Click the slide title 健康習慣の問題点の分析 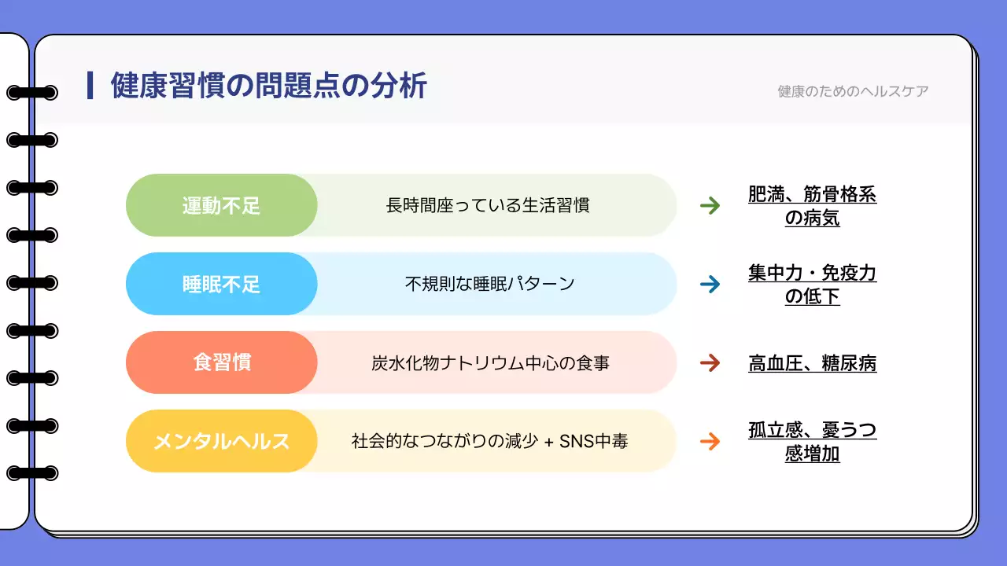pyautogui.click(x=268, y=86)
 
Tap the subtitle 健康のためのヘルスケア pyautogui.click(x=853, y=91)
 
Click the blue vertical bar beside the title pyautogui.click(x=90, y=86)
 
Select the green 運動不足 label pyautogui.click(x=222, y=206)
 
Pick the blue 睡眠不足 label pyautogui.click(x=222, y=285)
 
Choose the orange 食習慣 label pyautogui.click(x=222, y=363)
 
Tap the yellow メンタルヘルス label pyautogui.click(x=222, y=442)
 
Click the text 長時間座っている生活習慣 pyautogui.click(x=488, y=206)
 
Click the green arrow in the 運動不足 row pyautogui.click(x=710, y=206)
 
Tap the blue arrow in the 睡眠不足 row pyautogui.click(x=710, y=285)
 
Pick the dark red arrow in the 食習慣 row pyautogui.click(x=710, y=363)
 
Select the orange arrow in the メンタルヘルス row pyautogui.click(x=710, y=442)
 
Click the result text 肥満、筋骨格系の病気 pyautogui.click(x=812, y=206)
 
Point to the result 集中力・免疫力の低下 pyautogui.click(x=812, y=285)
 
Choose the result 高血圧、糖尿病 pyautogui.click(x=812, y=363)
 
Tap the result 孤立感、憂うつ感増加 pyautogui.click(x=812, y=442)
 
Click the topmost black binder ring pyautogui.click(x=31, y=93)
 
